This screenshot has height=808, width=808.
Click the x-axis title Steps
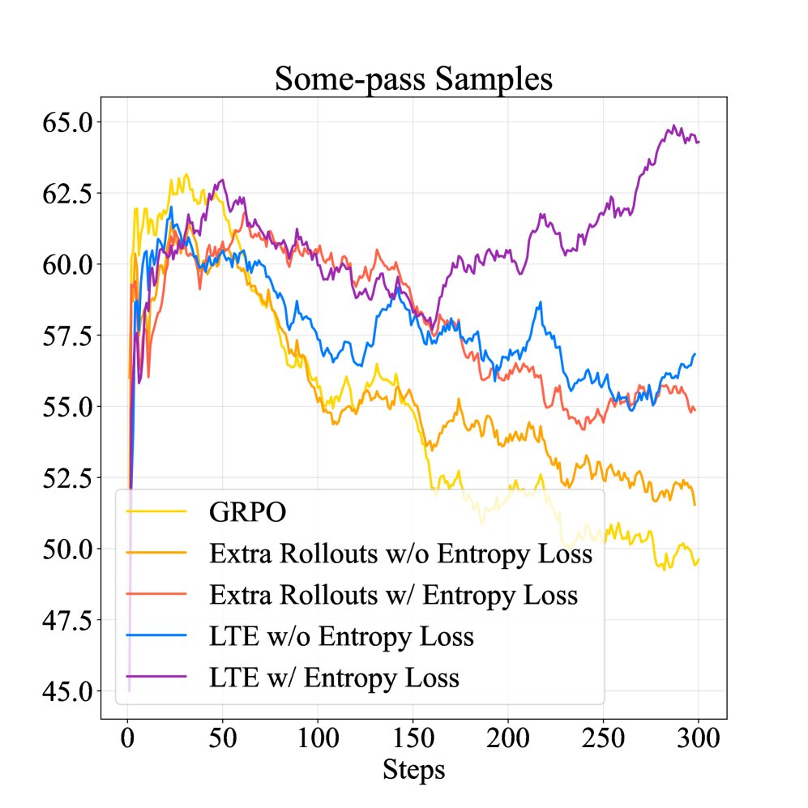(x=413, y=768)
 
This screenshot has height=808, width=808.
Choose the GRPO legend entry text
(x=249, y=513)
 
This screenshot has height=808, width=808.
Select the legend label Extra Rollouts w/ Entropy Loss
(x=394, y=596)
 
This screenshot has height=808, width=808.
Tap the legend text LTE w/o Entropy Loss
(x=341, y=636)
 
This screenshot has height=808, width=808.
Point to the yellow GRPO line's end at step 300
(x=699, y=559)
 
